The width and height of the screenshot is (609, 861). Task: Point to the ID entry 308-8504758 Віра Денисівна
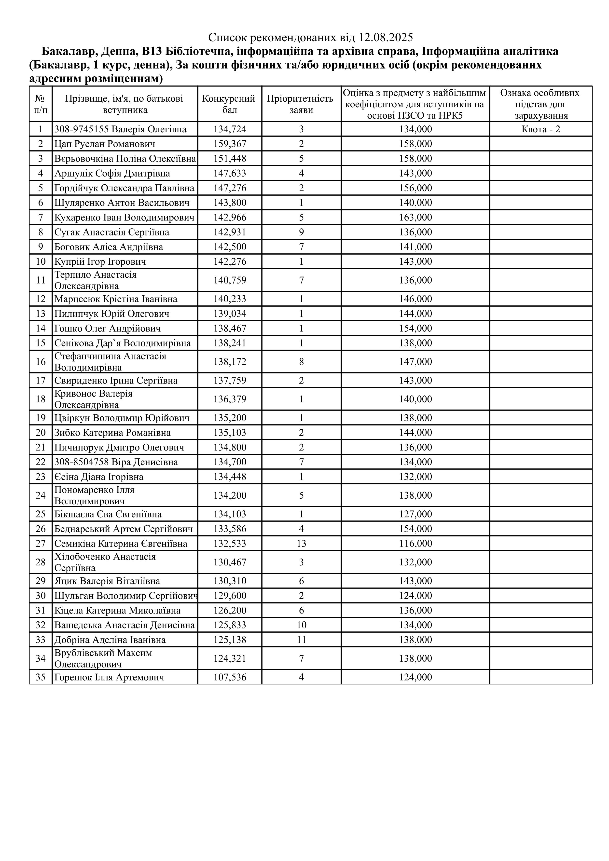pos(116,462)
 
